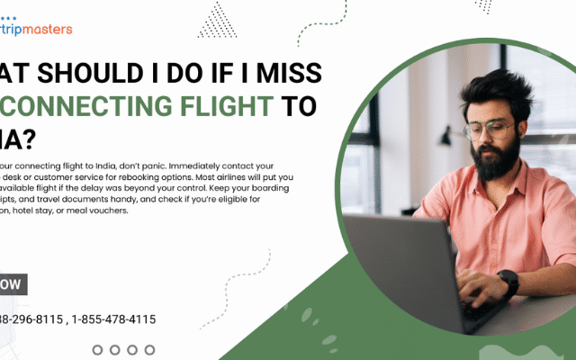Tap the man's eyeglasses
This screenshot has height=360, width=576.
pos(490,128)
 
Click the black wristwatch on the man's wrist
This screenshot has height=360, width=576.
pos(508,283)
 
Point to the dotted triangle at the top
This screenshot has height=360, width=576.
pos(218,19)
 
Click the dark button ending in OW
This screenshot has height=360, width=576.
pos(11,284)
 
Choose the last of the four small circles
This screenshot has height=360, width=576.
pos(149,349)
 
